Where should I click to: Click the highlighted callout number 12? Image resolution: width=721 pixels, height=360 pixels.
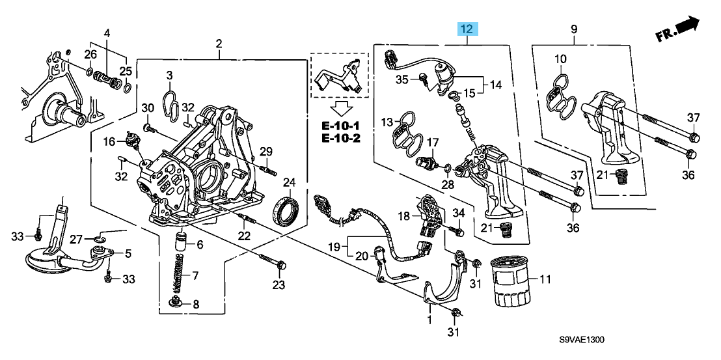pos(468,29)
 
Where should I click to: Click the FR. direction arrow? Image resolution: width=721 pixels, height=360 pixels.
pos(678,29)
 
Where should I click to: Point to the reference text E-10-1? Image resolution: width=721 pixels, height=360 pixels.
pos(340,124)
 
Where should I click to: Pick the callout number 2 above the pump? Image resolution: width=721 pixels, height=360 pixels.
pos(219,44)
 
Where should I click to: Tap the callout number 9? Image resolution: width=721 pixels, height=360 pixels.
pos(574,29)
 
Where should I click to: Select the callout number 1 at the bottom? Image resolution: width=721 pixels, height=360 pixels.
pos(429,320)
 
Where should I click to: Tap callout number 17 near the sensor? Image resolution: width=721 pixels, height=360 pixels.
pos(433,142)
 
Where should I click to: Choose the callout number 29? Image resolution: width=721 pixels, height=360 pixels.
pos(265,152)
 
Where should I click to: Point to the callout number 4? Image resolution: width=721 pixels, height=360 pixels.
pos(107,33)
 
